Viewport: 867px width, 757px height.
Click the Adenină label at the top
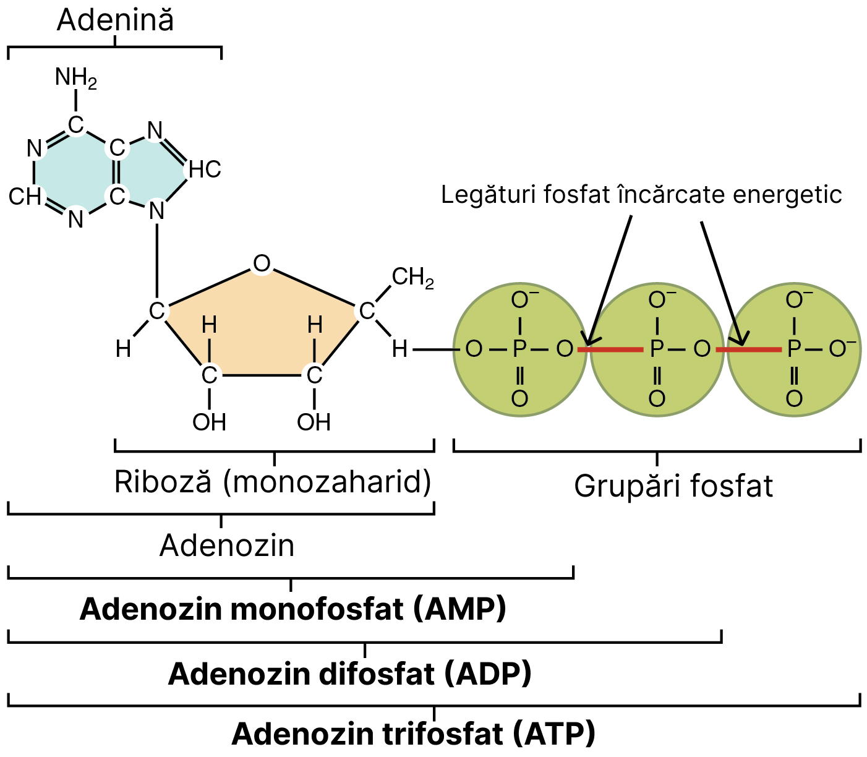coord(116,20)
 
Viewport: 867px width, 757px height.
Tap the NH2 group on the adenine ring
coord(76,78)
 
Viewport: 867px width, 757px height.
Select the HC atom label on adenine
coord(205,169)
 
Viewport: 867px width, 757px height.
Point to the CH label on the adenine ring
coord(25,197)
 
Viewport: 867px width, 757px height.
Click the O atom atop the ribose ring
coord(262,264)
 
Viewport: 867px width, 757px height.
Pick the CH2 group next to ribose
coord(412,277)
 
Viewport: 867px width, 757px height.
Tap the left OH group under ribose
coord(209,422)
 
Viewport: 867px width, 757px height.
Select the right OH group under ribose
coord(314,422)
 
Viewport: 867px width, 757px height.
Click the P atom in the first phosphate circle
coord(519,349)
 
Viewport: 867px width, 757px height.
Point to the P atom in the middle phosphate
coord(657,349)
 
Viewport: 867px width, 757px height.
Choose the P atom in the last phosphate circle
coord(794,349)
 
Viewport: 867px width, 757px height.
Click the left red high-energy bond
coord(610,350)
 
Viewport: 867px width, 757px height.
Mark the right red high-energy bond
coord(748,350)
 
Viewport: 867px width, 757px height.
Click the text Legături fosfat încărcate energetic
coord(641,195)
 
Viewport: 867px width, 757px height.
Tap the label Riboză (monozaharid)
coord(273,482)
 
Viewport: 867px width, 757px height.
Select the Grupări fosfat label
coord(673,486)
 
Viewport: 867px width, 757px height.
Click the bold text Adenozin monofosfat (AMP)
coord(293,609)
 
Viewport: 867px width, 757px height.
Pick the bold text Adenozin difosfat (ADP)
coord(350,674)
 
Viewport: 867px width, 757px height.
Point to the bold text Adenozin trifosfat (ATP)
coord(414,734)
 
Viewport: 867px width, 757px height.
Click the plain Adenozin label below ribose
coord(227,545)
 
